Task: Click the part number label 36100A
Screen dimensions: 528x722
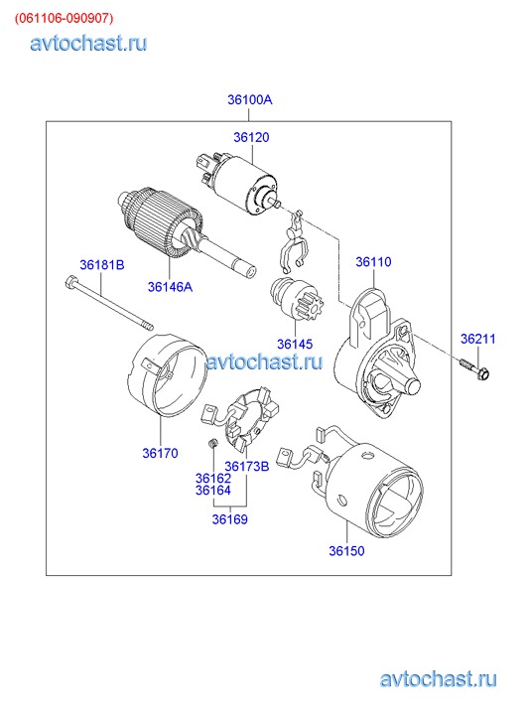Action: (x=249, y=99)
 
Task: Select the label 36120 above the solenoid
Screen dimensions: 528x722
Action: (x=251, y=137)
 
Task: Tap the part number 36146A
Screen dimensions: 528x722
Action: (x=170, y=287)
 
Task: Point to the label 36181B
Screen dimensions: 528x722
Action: (x=102, y=265)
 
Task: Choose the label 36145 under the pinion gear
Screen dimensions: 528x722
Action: (x=295, y=344)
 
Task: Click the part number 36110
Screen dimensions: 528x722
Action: (x=373, y=261)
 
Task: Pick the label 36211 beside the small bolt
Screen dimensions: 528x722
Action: (x=478, y=339)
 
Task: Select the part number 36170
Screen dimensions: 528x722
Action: (x=160, y=453)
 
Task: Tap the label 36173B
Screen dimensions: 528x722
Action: (x=247, y=466)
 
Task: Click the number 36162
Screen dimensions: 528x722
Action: (x=213, y=479)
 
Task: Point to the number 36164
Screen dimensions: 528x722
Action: (x=213, y=491)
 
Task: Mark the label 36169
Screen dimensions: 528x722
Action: (x=229, y=519)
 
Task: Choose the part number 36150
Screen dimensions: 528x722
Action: (x=346, y=551)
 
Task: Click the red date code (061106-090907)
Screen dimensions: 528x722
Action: (x=64, y=18)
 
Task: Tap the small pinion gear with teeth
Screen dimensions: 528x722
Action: (x=298, y=301)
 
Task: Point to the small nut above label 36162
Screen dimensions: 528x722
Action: (x=212, y=443)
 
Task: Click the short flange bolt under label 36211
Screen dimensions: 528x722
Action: (x=474, y=368)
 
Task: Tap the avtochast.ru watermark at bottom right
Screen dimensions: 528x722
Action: (x=439, y=679)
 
